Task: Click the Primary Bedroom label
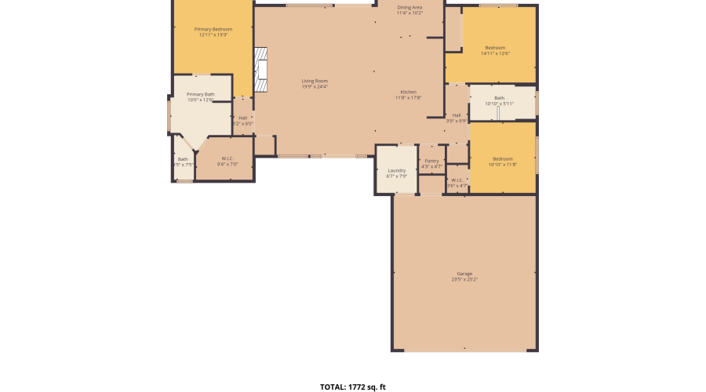(213, 29)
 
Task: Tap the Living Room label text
(315, 81)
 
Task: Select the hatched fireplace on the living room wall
(260, 70)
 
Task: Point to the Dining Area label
(409, 7)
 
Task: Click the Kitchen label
(409, 92)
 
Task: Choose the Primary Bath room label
(200, 94)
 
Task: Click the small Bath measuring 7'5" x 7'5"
(183, 160)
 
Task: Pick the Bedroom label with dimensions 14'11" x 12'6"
(495, 48)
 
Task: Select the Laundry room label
(396, 170)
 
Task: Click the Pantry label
(432, 161)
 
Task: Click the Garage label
(464, 274)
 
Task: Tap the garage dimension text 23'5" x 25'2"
(464, 280)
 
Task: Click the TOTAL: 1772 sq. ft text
(353, 387)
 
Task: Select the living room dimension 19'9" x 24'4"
(315, 86)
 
